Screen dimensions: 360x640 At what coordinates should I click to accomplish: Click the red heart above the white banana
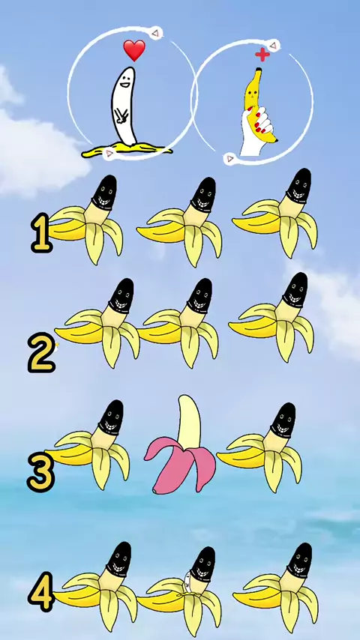tap(134, 49)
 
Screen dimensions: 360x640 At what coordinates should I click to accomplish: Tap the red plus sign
tap(262, 54)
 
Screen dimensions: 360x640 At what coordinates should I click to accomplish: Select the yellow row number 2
tap(41, 353)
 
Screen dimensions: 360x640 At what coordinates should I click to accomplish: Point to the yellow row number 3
tap(40, 472)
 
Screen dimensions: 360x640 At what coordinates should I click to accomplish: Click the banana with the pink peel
tap(180, 444)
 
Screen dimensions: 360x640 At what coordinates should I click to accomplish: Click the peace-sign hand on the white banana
tap(121, 115)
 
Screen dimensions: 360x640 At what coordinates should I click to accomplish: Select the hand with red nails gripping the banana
tap(256, 130)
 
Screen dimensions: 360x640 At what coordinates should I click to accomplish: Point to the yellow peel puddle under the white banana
tap(127, 150)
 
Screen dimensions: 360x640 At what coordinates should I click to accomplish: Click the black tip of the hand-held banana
tap(275, 140)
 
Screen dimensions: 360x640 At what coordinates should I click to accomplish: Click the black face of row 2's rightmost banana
tap(295, 290)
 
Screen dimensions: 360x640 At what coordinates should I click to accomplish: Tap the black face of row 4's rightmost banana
tap(299, 561)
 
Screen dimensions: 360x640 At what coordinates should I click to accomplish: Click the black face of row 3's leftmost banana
tap(111, 417)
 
